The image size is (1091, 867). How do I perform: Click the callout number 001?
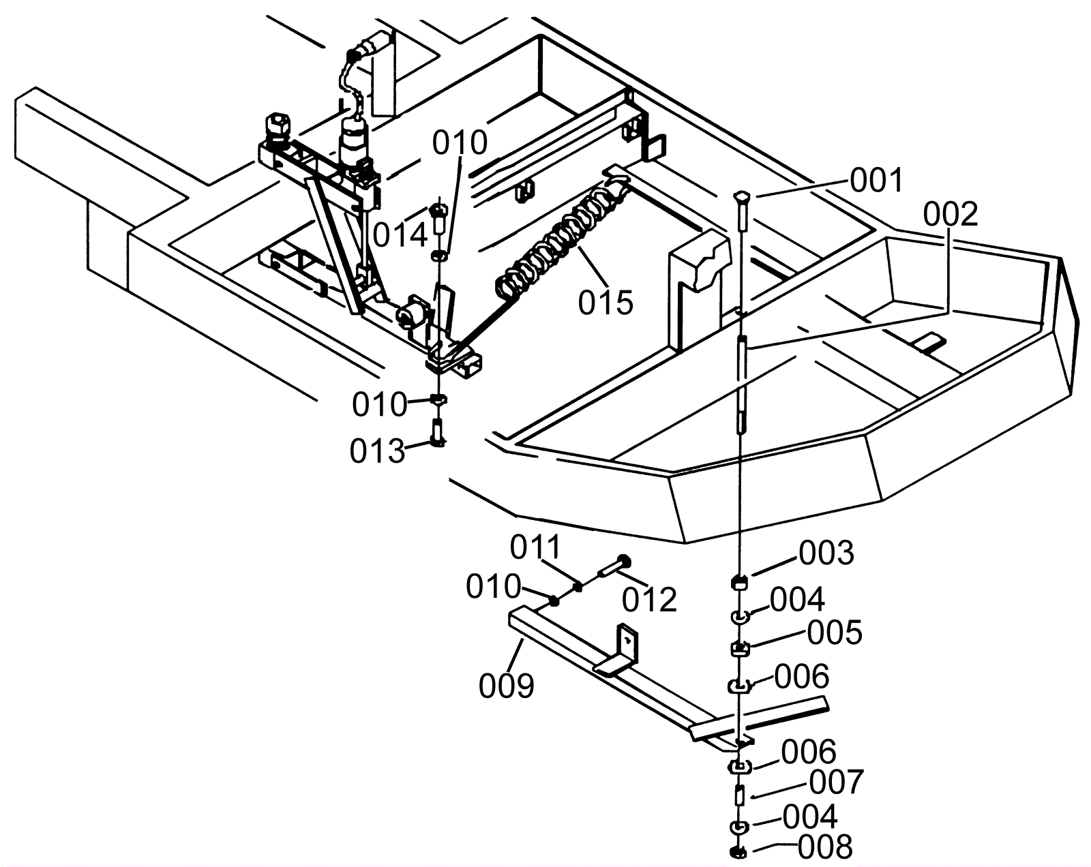coord(876,181)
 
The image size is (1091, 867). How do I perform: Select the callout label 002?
coord(951,215)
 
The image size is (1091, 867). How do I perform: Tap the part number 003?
coord(826,553)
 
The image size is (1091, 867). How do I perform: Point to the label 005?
coord(835,633)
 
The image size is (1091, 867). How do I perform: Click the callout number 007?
coord(837,782)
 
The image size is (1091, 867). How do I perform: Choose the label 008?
coord(825,847)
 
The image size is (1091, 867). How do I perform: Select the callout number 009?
coord(506,686)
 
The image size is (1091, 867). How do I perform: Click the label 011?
coord(536,547)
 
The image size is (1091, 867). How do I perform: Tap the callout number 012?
coord(649,600)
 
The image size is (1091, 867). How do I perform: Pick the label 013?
coord(378,451)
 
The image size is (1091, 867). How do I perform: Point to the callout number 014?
coord(400,235)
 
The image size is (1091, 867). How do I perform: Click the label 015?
coord(606,302)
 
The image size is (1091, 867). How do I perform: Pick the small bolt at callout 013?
coord(438,434)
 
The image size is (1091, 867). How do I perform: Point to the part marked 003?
coord(739,581)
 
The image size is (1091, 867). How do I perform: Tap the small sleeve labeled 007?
coord(739,794)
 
